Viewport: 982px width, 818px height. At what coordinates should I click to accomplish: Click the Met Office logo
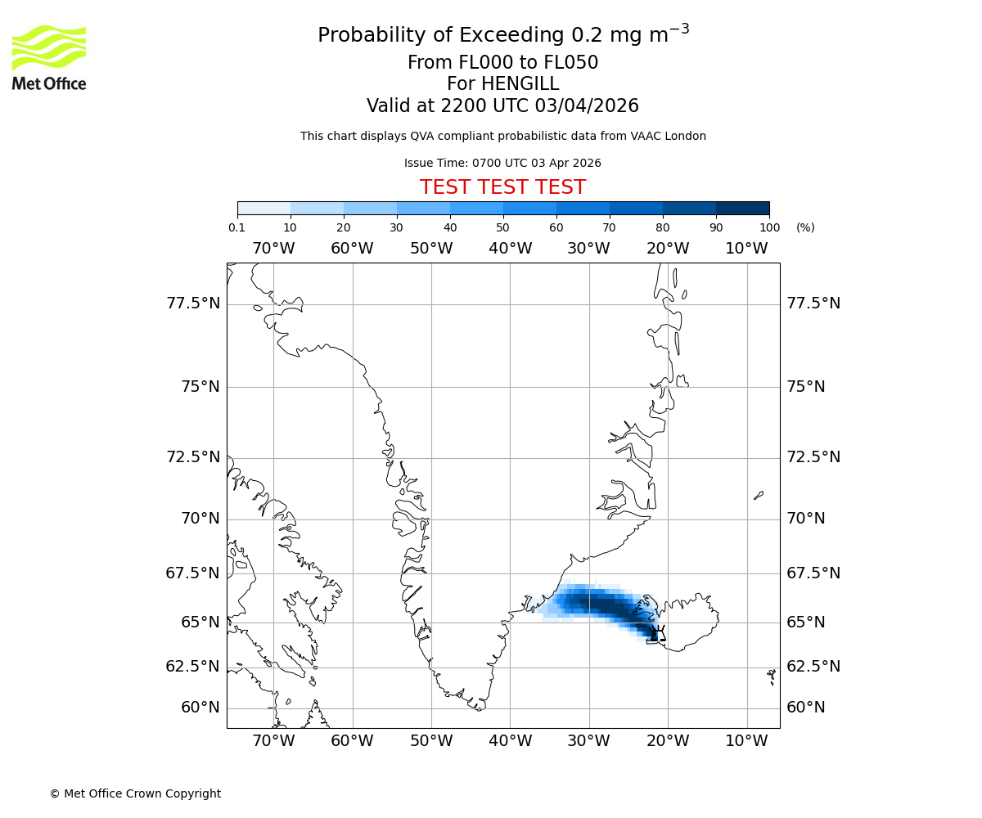49,57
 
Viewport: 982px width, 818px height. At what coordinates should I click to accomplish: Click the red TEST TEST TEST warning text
502,187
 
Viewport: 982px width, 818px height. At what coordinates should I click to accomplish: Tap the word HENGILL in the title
520,84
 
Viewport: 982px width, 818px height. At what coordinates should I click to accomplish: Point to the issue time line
502,163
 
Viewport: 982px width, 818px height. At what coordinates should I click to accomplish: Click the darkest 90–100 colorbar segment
742,208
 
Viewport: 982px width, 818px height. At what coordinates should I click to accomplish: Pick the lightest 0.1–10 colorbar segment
264,208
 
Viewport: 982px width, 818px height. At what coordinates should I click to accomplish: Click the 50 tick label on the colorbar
503,227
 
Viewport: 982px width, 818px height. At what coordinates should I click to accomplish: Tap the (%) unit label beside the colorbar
805,227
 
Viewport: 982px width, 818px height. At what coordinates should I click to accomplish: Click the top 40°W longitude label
510,249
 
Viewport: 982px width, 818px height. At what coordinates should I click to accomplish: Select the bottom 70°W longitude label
273,741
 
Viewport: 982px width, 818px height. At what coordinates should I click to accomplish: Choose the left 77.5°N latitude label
193,303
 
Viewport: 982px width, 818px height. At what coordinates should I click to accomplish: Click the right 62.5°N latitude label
813,666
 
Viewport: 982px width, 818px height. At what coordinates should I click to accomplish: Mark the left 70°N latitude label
200,519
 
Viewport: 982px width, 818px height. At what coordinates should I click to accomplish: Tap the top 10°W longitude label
746,249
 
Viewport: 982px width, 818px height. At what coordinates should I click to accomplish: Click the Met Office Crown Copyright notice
135,793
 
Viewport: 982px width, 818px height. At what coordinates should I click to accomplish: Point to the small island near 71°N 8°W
759,495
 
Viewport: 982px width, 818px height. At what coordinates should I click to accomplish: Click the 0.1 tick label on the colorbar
237,227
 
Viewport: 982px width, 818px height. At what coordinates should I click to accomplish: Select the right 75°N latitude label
806,387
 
